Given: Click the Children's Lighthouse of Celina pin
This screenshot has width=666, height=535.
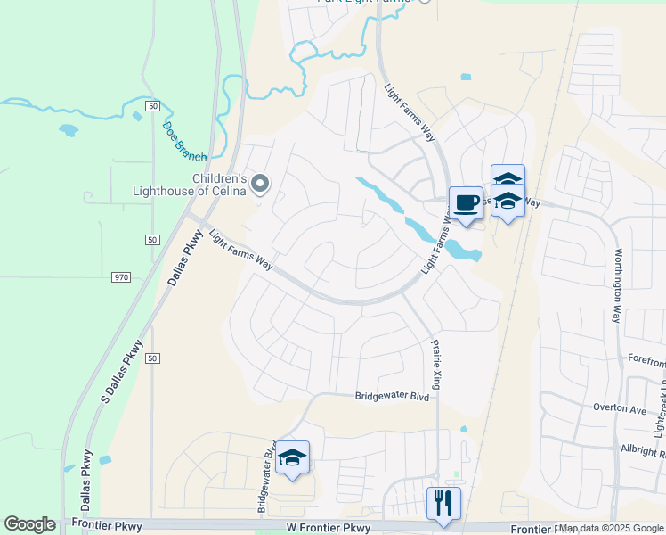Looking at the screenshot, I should (x=260, y=184).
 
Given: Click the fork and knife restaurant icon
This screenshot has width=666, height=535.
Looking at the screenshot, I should (x=442, y=503).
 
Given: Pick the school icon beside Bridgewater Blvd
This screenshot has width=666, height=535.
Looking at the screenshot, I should (x=292, y=458).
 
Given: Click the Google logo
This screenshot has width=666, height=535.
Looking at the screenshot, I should (x=29, y=524).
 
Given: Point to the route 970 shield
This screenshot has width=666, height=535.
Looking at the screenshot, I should (x=122, y=277).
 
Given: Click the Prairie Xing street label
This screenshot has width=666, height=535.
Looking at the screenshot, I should (x=436, y=364).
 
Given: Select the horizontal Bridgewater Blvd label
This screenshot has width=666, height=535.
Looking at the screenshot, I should (x=392, y=396).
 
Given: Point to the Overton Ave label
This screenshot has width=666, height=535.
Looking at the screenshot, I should (x=619, y=407).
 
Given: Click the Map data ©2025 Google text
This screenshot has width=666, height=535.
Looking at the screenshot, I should (x=611, y=528).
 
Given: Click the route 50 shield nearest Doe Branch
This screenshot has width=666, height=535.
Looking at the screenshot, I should (x=153, y=106).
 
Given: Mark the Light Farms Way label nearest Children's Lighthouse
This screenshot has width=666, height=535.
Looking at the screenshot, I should (x=240, y=251).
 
